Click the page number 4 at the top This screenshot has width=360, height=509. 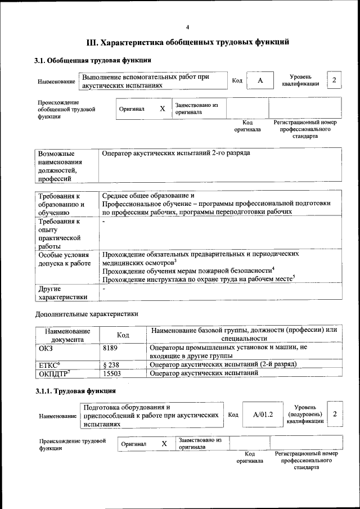188,28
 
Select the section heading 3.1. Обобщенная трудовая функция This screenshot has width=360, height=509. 93,60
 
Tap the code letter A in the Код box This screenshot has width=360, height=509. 260,80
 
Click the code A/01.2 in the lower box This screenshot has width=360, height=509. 263,415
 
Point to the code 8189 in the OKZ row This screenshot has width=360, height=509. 110,349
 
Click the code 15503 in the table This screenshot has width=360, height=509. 112,373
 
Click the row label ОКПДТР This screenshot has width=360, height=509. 55,373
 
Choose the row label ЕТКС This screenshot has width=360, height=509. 49,364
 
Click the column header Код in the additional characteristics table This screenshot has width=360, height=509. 123,335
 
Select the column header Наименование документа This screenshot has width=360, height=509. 67,335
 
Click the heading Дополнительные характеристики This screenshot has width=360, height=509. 87,313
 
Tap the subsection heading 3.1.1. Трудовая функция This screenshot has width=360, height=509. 75,390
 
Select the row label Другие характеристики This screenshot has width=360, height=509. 62,292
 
